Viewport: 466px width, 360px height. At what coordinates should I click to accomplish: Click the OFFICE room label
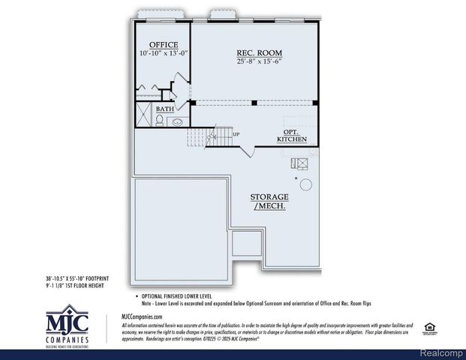163,44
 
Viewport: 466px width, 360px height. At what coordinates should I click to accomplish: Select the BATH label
165,109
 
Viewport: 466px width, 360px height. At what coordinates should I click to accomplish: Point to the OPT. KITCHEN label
292,135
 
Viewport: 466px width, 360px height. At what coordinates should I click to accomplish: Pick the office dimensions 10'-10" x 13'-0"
163,54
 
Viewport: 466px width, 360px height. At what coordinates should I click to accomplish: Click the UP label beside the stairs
236,135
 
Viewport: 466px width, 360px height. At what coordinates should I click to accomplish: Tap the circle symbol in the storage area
305,184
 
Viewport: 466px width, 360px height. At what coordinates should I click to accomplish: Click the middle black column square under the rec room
254,103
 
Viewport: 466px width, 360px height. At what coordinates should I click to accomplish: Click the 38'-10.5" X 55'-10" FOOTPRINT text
83,277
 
